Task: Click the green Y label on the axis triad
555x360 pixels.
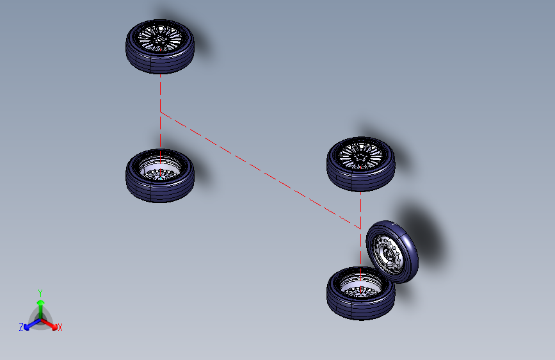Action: click(x=40, y=293)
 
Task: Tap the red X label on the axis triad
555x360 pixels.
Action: click(x=60, y=327)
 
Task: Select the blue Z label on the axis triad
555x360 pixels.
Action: click(x=21, y=327)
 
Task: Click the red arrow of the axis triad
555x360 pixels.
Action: click(x=49, y=324)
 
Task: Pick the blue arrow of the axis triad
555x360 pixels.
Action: click(x=33, y=324)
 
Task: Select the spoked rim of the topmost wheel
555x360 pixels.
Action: click(x=160, y=38)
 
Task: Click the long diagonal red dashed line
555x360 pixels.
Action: click(x=261, y=170)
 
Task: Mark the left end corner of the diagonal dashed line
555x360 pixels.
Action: click(x=160, y=112)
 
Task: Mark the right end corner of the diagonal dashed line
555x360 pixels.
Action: click(x=360, y=229)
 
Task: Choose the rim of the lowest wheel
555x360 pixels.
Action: click(x=360, y=286)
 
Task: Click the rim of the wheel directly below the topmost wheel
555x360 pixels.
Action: click(x=160, y=168)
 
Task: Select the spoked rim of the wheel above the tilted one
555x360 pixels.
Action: click(x=360, y=156)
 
